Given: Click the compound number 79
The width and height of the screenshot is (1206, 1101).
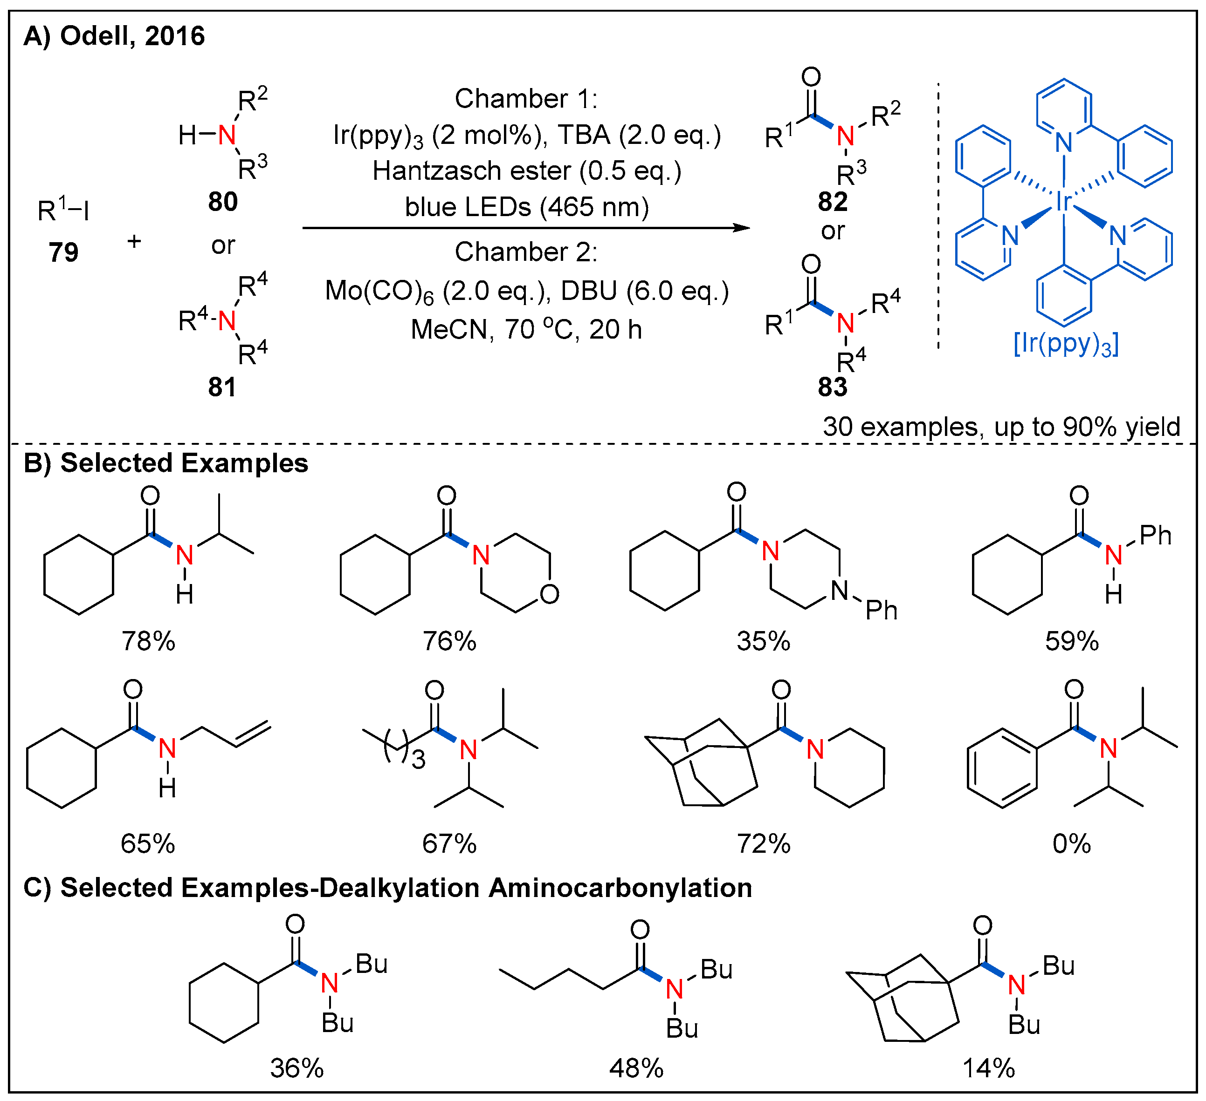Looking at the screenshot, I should click(x=63, y=252).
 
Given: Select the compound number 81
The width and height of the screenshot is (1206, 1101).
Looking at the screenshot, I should click(x=222, y=387).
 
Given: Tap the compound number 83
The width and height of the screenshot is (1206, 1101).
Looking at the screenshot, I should click(x=832, y=387).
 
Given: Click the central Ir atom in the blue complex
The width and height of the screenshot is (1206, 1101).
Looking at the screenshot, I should click(x=1063, y=202).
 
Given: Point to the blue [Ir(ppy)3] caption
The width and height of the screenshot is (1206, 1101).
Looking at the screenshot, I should click(x=1065, y=344).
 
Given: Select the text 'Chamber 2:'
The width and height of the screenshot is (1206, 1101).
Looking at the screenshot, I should click(x=526, y=251).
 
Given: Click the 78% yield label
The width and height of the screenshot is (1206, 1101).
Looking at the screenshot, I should click(x=148, y=641).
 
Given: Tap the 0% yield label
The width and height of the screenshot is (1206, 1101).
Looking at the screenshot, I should click(x=1071, y=844).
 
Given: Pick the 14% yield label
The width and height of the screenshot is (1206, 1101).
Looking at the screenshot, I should click(x=988, y=1068).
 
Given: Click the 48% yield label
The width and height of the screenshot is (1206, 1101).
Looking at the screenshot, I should click(x=636, y=1068).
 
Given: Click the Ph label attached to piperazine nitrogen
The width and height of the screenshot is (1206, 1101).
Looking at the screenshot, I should click(x=881, y=610).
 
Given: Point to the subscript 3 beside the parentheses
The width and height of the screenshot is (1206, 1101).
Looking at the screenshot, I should click(x=418, y=760).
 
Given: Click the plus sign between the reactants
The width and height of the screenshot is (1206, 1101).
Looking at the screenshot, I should click(x=134, y=241).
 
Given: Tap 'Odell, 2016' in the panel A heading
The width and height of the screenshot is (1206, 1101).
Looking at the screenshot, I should click(x=132, y=36).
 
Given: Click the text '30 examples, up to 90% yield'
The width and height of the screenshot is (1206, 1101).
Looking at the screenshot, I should click(x=1001, y=427).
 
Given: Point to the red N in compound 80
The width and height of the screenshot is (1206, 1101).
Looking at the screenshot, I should click(x=227, y=135).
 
